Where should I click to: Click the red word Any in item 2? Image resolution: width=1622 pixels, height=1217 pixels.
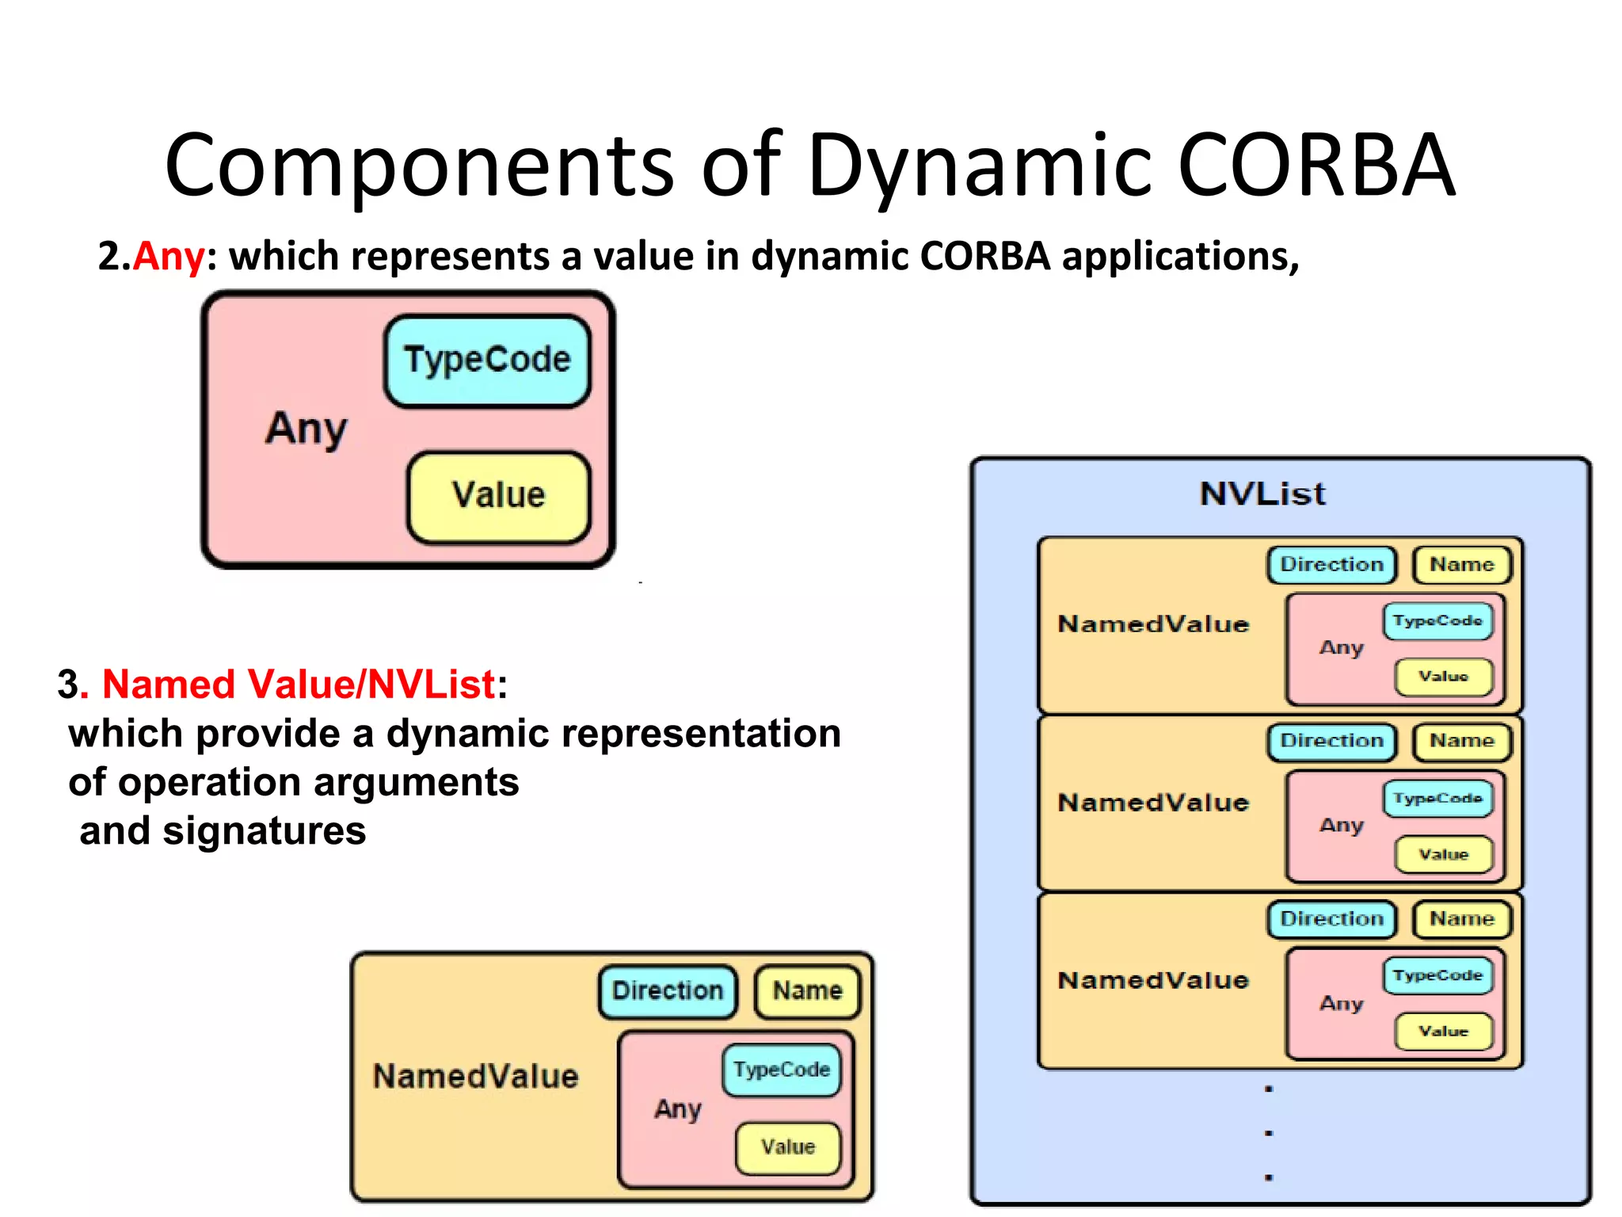[x=169, y=257]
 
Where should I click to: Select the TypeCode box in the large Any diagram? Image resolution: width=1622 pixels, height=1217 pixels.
[x=487, y=361]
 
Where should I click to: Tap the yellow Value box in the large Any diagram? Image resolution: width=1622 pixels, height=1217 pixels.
[x=498, y=496]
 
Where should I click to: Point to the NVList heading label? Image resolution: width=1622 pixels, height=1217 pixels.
[x=1262, y=494]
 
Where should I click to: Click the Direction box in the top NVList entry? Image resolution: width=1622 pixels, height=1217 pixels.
[x=1331, y=565]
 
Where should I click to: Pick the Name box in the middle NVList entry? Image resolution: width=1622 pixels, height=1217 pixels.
[x=1461, y=742]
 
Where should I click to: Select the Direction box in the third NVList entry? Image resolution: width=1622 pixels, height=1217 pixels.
[x=1331, y=919]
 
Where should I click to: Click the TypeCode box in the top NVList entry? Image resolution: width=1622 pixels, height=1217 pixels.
[x=1437, y=621]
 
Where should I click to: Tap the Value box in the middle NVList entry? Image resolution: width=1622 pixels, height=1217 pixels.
[x=1443, y=855]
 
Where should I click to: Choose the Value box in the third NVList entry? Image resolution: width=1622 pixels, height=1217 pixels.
[x=1443, y=1032]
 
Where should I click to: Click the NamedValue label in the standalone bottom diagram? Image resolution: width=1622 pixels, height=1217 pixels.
[x=475, y=1077]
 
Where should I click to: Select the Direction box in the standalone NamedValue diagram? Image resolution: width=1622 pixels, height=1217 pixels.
[x=668, y=991]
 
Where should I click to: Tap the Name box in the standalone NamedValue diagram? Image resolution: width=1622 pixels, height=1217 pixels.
[x=807, y=991]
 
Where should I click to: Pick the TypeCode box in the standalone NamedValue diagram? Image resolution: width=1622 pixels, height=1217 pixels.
[x=781, y=1070]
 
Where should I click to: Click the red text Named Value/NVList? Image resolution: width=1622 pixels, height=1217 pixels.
[x=299, y=685]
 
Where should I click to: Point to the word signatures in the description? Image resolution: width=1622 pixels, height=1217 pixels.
[x=264, y=832]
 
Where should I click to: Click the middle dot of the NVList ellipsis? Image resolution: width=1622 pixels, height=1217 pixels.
[x=1269, y=1133]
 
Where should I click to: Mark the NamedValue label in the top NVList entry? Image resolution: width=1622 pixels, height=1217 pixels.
[x=1153, y=624]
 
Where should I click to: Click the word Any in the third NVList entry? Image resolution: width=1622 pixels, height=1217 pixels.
[x=1341, y=1004]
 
